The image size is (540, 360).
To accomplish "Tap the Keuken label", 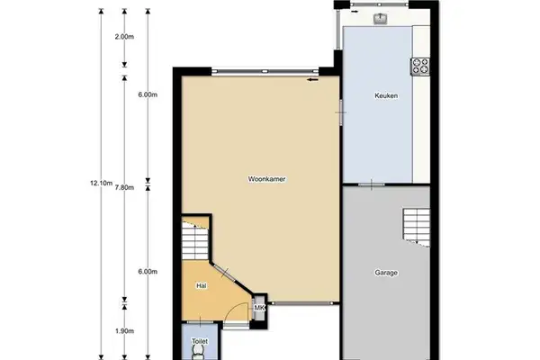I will [385, 96].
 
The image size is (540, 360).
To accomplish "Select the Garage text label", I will [386, 272].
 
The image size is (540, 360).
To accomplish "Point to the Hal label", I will [202, 285].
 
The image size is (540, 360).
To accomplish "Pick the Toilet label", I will [199, 342].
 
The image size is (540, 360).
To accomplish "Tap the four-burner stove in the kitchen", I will [421, 65].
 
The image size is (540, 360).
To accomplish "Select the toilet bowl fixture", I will [199, 354].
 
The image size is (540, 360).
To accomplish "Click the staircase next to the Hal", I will [193, 240].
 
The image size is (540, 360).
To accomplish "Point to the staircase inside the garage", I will [416, 225].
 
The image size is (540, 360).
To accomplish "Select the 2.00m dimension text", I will [124, 37].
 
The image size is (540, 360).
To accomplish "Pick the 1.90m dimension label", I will [124, 331].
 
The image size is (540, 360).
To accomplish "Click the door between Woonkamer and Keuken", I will [341, 110].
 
